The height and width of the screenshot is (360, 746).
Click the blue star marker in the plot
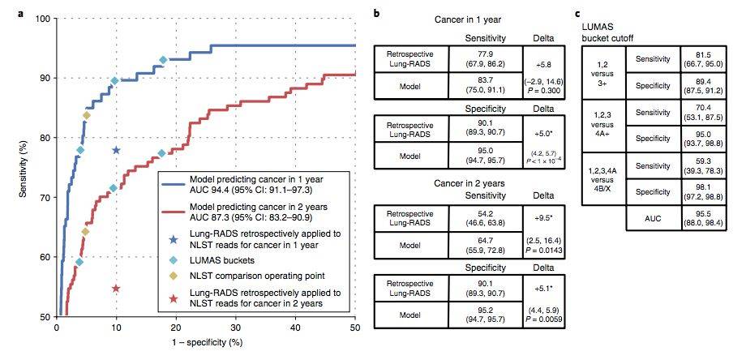pyautogui.click(x=116, y=150)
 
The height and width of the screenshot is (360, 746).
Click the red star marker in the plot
pyautogui.click(x=116, y=289)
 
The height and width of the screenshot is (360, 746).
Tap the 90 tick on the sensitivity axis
pyautogui.click(x=45, y=79)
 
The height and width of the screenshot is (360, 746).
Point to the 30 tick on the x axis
pyautogui.click(x=236, y=328)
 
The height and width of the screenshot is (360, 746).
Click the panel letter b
pyautogui.click(x=375, y=14)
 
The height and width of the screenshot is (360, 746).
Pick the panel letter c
pyautogui.click(x=577, y=14)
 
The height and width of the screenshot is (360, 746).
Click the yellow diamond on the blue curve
pyautogui.click(x=86, y=115)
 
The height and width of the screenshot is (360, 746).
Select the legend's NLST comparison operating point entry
pyautogui.click(x=239, y=275)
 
